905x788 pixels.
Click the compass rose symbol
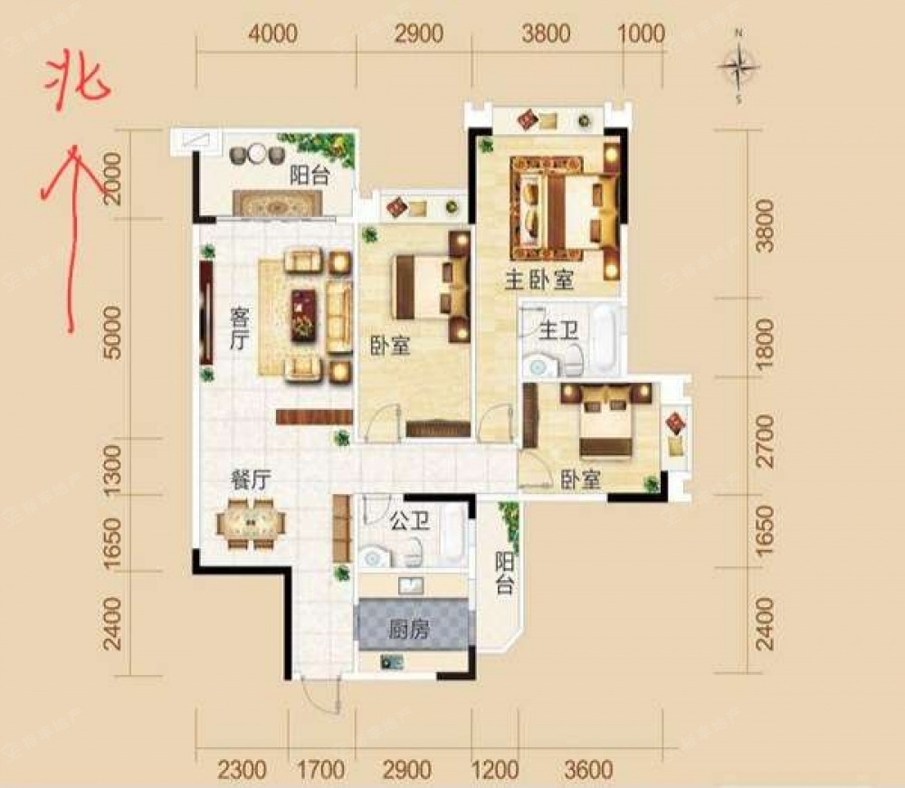[x=738, y=66]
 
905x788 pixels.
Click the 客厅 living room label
[x=239, y=328]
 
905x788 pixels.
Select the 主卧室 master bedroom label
[x=539, y=280]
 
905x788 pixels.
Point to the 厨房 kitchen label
[x=409, y=630]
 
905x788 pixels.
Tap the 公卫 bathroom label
[x=410, y=521]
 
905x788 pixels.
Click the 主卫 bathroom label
[x=558, y=330]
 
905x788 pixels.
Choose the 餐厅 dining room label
[x=251, y=479]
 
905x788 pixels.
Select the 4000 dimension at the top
[x=273, y=33]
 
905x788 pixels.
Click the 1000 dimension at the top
[x=641, y=33]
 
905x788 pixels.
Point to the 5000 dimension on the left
[x=114, y=333]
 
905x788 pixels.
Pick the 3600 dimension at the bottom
[x=588, y=770]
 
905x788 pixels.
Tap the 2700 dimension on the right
[x=765, y=441]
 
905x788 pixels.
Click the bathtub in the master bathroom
[x=605, y=338]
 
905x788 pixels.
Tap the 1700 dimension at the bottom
[x=321, y=770]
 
